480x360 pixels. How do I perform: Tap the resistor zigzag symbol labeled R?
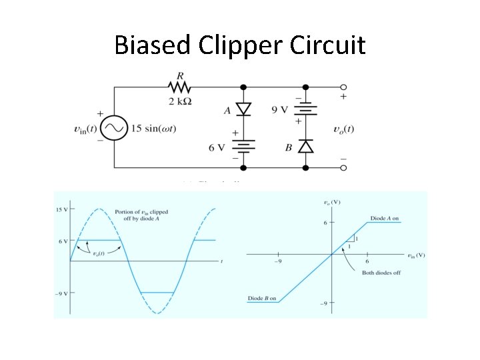[x=179, y=87]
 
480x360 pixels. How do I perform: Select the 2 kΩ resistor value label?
[x=180, y=101]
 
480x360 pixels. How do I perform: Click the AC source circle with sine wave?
[x=114, y=127]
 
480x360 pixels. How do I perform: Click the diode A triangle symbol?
[x=243, y=109]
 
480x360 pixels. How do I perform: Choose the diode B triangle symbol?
[x=305, y=146]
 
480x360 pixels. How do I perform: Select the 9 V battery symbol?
[x=305, y=109]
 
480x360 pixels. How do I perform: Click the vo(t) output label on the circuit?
[x=343, y=128]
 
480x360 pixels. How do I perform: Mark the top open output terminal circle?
[x=343, y=87]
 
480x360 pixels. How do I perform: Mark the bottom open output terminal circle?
[x=343, y=167]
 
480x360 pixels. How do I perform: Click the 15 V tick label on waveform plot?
[x=61, y=209]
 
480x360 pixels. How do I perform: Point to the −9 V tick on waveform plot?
[x=61, y=293]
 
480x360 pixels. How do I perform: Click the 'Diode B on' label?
[x=262, y=298]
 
